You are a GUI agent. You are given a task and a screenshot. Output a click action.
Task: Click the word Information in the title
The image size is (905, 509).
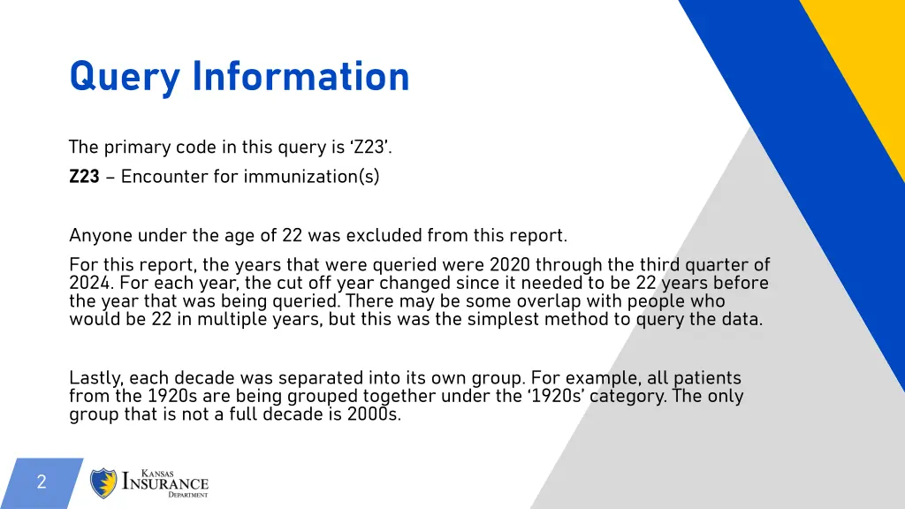pos(300,77)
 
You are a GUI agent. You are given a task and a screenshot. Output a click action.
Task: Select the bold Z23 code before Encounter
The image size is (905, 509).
pos(84,177)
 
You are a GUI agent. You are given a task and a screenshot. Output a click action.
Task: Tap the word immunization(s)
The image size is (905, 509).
pos(311,177)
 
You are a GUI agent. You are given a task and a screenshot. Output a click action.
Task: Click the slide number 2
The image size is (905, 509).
pos(41,482)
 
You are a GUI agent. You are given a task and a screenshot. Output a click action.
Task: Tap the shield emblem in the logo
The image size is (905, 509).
pos(104,483)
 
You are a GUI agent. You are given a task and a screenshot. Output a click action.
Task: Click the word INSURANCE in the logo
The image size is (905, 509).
pos(165,483)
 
